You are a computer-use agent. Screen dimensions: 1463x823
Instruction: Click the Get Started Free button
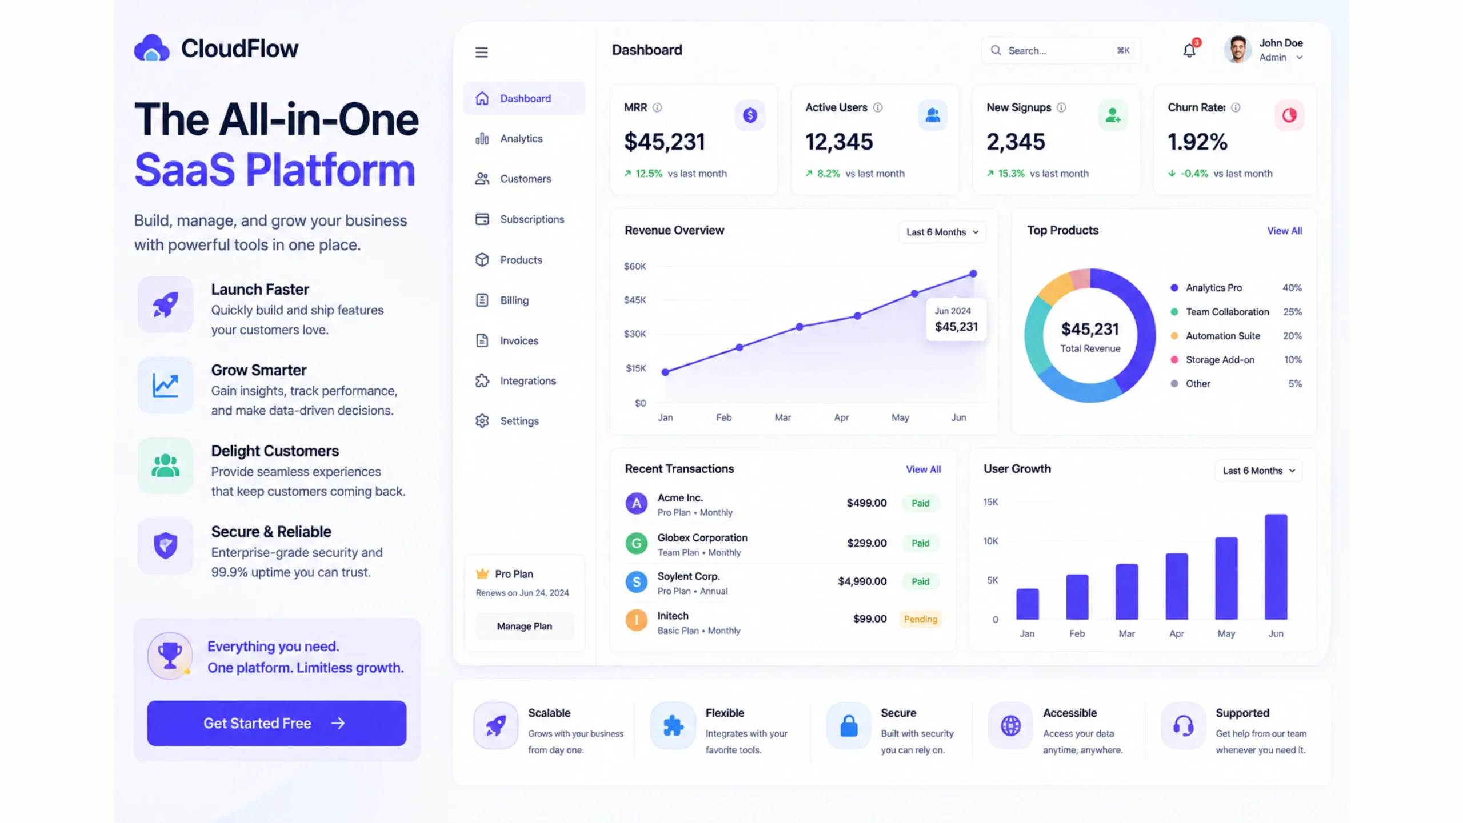277,723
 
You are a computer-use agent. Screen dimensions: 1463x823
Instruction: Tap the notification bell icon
1189,51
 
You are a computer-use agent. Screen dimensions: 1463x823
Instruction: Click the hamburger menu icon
482,53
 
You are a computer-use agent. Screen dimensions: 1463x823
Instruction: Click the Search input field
1061,51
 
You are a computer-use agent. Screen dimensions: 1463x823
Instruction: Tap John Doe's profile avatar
1237,50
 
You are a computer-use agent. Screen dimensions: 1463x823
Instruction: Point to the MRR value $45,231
665,142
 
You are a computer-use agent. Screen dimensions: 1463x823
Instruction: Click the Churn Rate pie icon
1289,115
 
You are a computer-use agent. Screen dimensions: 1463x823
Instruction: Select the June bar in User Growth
1276,567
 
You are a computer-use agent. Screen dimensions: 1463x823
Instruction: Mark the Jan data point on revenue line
665,372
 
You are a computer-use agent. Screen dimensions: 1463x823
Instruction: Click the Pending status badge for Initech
920,619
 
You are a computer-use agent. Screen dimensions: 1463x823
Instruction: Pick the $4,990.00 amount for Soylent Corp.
862,581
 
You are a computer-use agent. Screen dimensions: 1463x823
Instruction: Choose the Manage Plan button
525,627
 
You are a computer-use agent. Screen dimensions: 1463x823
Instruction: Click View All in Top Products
1284,231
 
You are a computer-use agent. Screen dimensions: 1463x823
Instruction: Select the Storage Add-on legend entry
1220,360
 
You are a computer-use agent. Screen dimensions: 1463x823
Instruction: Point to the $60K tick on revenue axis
635,267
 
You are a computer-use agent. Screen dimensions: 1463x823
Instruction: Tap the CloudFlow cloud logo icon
151,48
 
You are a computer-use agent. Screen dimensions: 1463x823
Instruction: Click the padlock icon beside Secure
849,726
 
